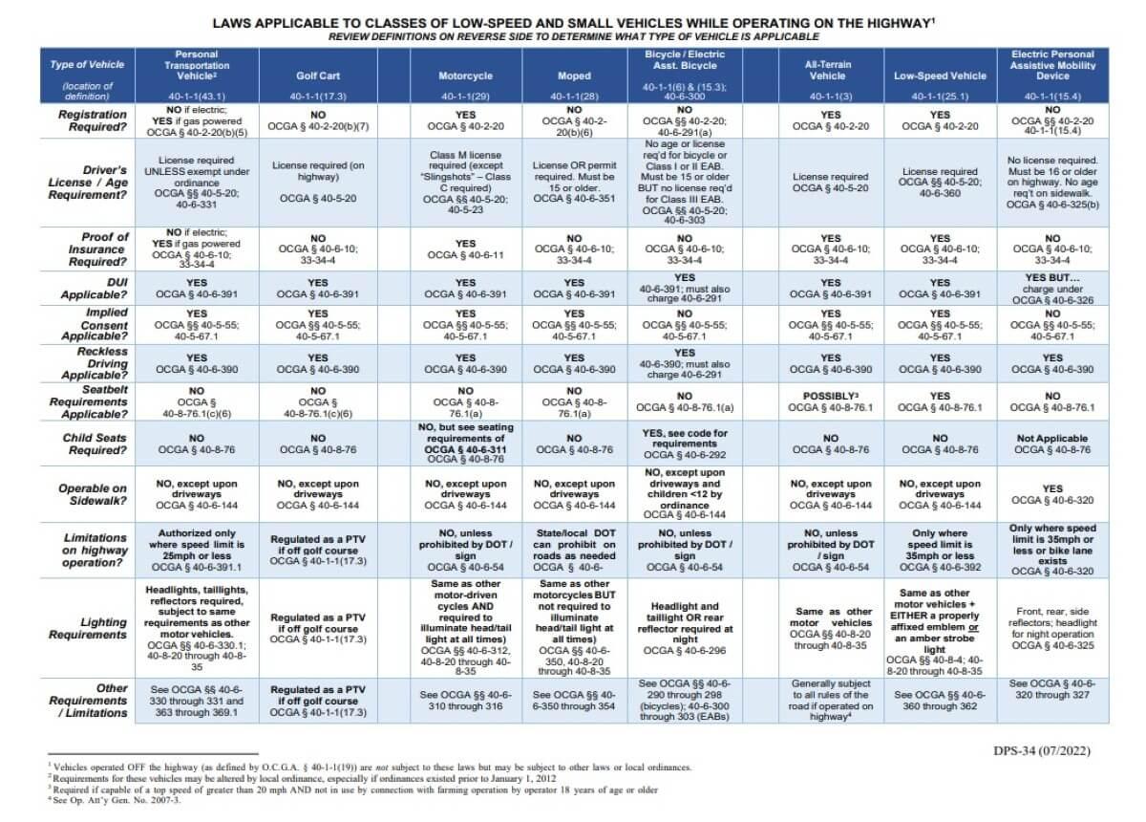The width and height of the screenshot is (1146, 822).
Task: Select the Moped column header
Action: (x=574, y=75)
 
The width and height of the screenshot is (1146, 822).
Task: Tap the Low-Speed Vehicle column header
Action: (x=940, y=75)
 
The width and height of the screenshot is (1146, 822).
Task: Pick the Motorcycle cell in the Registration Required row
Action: (x=465, y=120)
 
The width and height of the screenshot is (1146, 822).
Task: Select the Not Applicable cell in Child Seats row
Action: (x=1051, y=443)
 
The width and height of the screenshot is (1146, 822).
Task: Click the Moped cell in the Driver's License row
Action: (x=574, y=184)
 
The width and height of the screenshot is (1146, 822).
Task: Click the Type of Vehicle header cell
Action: (x=87, y=75)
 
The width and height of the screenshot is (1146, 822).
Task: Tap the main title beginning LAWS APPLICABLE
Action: (x=573, y=22)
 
